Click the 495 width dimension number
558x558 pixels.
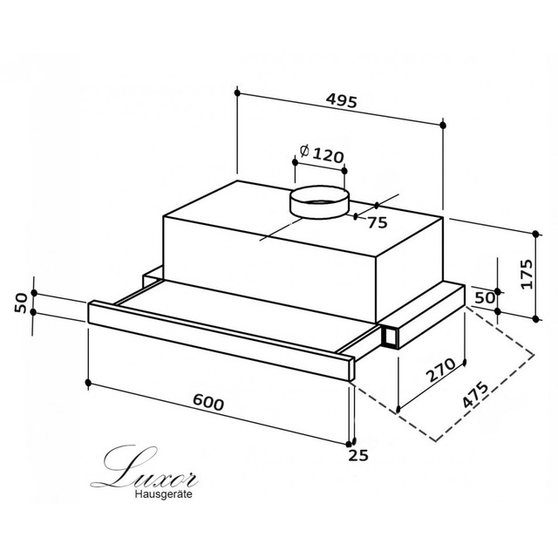coord(341,101)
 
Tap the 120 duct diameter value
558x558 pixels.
coord(329,155)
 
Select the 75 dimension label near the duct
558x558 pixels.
coord(378,223)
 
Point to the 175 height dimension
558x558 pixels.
coord(526,274)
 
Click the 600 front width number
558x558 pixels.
coord(208,403)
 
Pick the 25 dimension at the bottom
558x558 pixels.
coord(358,455)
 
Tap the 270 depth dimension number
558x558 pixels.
coord(441,370)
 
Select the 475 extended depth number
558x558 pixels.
coord(475,395)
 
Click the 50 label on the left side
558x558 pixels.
coord(21,303)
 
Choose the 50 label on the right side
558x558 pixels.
coord(485,298)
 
